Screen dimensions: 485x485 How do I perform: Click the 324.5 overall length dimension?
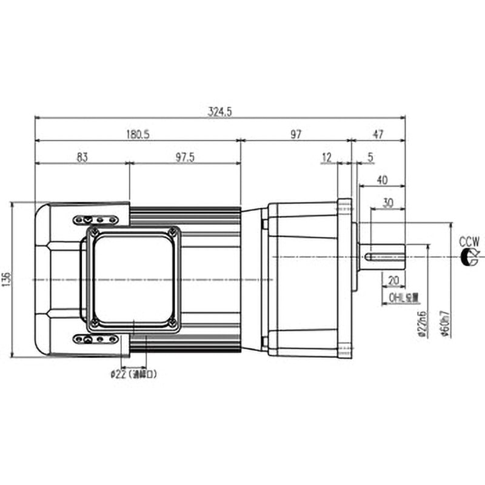click(220, 112)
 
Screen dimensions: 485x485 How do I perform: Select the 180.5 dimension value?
click(138, 135)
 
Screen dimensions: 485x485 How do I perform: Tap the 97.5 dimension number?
click(185, 158)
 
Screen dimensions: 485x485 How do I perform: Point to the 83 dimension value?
click(82, 158)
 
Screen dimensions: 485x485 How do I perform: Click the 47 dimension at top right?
click(378, 135)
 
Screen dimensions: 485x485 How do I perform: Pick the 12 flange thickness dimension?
click(327, 158)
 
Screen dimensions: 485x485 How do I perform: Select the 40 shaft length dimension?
click(382, 180)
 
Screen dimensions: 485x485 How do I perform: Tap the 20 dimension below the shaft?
click(393, 281)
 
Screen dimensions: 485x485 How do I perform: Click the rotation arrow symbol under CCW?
click(470, 257)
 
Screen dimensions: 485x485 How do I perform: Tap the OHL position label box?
click(405, 298)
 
